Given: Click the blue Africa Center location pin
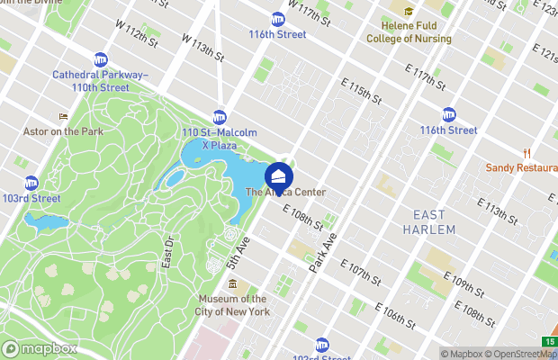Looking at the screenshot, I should click(x=279, y=173).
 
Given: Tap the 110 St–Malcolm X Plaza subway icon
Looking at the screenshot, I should click(x=220, y=117).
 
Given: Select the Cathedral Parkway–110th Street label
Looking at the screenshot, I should click(x=90, y=81).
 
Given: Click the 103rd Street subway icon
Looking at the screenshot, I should click(x=31, y=183).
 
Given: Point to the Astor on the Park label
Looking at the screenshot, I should click(x=63, y=131).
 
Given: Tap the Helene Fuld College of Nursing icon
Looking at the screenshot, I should click(x=409, y=13).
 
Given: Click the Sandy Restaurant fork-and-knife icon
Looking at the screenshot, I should click(x=526, y=152).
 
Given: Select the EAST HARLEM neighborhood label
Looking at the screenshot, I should click(x=434, y=222).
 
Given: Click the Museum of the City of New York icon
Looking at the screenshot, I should click(x=232, y=285).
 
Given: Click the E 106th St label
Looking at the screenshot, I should click(x=397, y=316).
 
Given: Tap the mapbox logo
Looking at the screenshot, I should click(x=40, y=348).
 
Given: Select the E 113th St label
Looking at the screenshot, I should click(x=508, y=213).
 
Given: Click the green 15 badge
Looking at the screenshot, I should click(x=548, y=341).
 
